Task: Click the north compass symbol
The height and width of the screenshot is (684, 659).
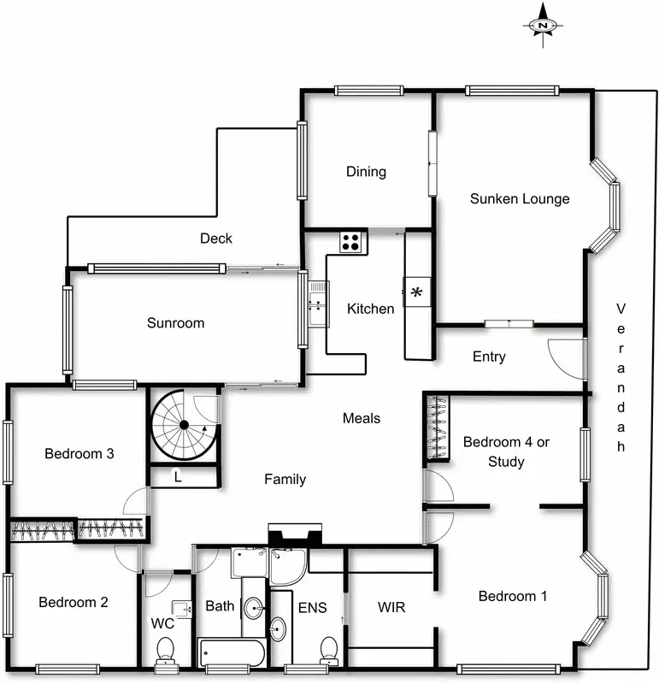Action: [x=543, y=27]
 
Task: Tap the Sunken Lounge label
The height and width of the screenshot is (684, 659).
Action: [x=520, y=199]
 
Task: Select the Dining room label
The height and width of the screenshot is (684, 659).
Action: [x=366, y=172]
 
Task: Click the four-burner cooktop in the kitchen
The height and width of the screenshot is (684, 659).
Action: [x=351, y=242]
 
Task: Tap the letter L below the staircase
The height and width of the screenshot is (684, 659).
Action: [x=177, y=477]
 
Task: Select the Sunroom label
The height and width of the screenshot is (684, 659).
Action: [x=175, y=323]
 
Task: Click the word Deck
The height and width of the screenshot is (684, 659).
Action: [x=216, y=239]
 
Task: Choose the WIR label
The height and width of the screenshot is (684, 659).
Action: [x=391, y=608]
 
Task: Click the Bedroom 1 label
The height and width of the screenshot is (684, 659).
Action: [x=512, y=596]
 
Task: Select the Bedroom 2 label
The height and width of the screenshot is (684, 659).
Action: [x=74, y=602]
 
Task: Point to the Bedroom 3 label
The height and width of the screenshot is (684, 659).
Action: [x=79, y=454]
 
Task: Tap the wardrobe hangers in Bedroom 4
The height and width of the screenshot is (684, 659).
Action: [x=438, y=426]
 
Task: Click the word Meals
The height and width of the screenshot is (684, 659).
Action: [x=361, y=418]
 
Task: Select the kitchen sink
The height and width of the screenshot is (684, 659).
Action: [x=318, y=303]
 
